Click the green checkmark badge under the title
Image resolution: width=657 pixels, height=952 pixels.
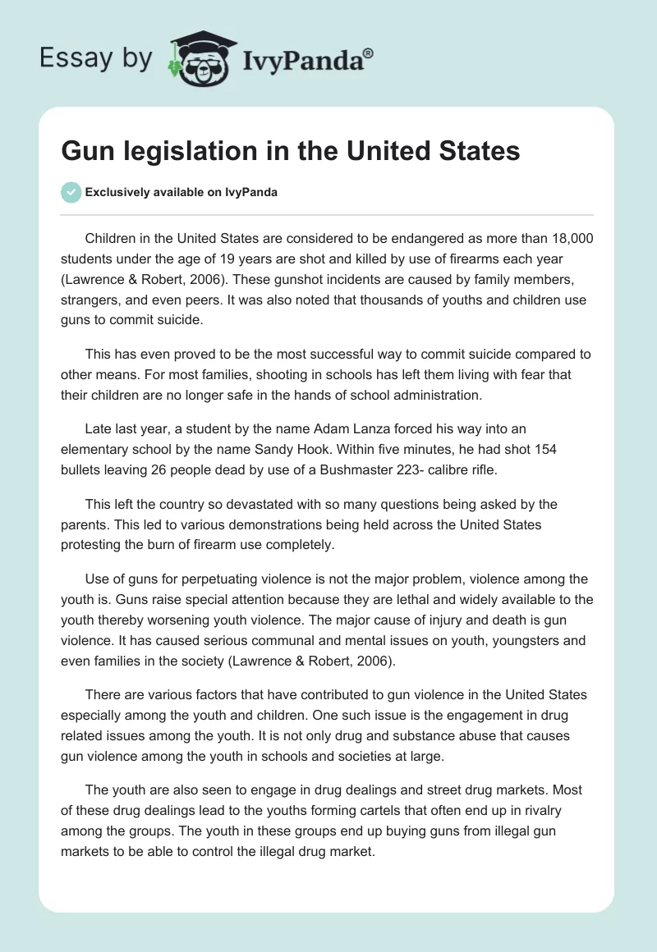pyautogui.click(x=71, y=192)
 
